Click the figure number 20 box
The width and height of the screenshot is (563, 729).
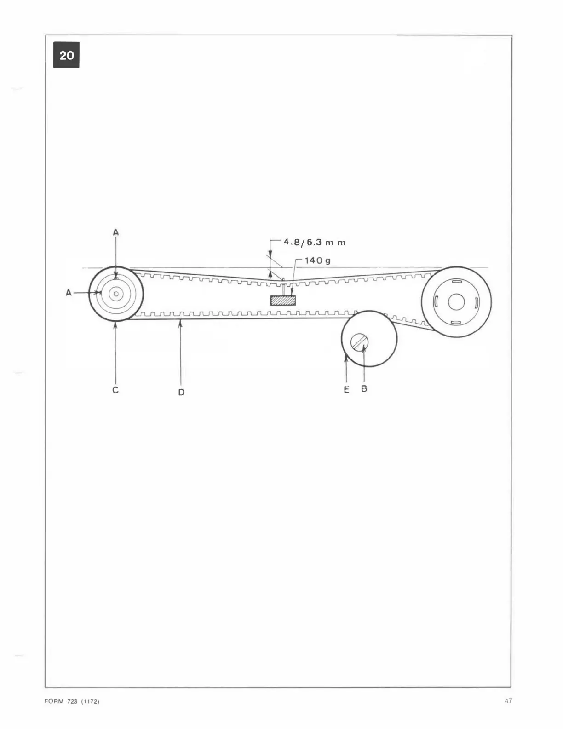(x=66, y=55)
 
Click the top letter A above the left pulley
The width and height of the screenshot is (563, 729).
(x=115, y=233)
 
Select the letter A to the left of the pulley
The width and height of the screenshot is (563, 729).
(x=69, y=292)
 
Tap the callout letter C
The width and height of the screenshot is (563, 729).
(x=115, y=390)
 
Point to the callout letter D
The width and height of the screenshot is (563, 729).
(x=181, y=392)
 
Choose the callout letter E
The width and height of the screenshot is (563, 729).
(x=346, y=389)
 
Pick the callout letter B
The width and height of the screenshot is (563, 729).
(x=364, y=389)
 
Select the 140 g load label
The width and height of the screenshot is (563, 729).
(x=317, y=260)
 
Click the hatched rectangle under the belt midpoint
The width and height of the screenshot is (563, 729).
(x=283, y=301)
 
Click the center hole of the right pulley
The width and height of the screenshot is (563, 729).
(x=456, y=302)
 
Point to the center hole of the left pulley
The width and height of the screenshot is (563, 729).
(x=116, y=293)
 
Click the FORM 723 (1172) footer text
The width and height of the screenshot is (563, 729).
(x=72, y=701)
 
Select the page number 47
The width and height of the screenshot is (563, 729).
(x=508, y=701)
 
